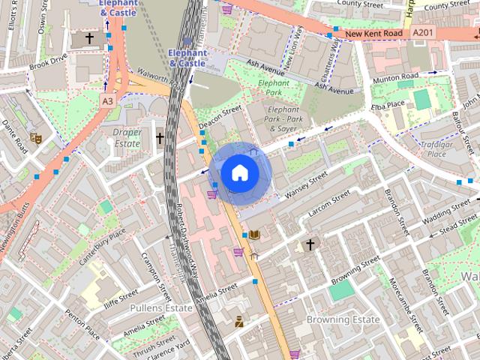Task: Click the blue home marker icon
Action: (238, 173)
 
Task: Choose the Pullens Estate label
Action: (161, 307)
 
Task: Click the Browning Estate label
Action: (343, 319)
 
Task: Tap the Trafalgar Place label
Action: (426, 148)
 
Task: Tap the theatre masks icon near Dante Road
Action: (34, 137)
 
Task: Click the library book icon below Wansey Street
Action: (254, 235)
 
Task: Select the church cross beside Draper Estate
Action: (160, 137)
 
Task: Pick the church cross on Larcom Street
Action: (310, 244)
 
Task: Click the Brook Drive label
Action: (48, 63)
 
